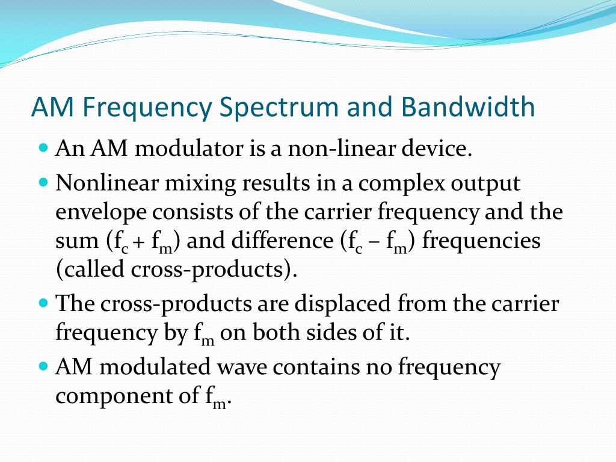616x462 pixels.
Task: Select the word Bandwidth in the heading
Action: coord(467,107)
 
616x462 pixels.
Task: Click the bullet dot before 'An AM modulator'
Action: coord(43,148)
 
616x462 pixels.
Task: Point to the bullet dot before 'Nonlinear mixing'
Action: coord(43,181)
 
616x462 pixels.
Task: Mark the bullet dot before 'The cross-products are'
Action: coord(43,303)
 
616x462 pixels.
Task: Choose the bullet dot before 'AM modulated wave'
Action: coord(43,365)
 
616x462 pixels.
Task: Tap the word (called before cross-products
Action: coord(90,270)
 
